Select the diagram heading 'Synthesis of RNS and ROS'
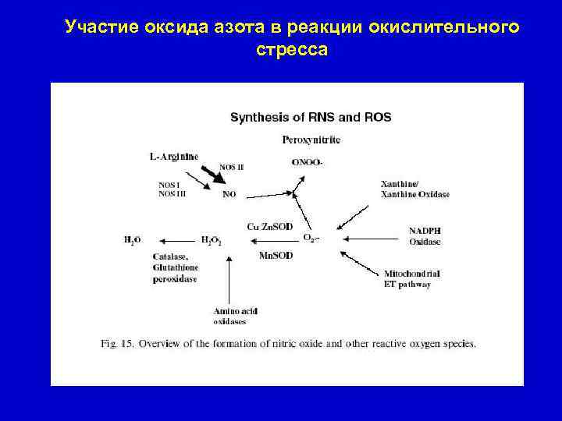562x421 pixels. [311, 118]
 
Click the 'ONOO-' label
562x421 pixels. [307, 163]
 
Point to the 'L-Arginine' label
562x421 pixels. [174, 156]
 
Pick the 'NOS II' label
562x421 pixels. [232, 167]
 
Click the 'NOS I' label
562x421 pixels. [169, 185]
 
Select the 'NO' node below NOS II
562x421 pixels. [229, 195]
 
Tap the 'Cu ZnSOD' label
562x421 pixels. [269, 226]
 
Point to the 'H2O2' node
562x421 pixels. [212, 241]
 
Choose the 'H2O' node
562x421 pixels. [132, 241]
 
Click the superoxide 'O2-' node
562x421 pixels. [311, 238]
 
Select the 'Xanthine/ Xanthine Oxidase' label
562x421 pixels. [409, 189]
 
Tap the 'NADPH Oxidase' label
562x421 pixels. [425, 235]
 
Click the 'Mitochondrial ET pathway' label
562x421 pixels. [412, 279]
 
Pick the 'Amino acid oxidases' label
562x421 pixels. [235, 316]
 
